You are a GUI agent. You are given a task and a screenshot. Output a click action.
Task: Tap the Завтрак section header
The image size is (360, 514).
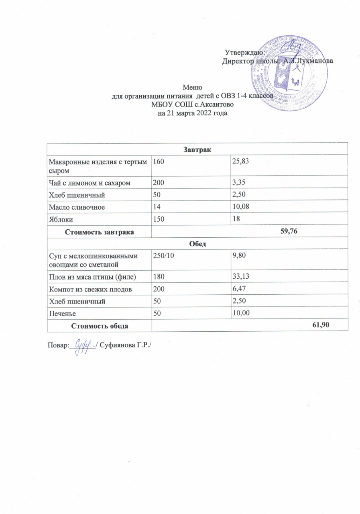tap(197, 149)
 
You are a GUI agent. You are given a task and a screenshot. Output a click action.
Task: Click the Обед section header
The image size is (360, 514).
tap(197, 244)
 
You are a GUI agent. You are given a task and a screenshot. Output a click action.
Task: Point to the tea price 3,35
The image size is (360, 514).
tap(238, 183)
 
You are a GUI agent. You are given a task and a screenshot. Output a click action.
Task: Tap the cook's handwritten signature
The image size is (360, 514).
tap(82, 345)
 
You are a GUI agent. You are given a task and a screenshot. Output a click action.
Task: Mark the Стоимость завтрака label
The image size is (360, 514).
tap(100, 232)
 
